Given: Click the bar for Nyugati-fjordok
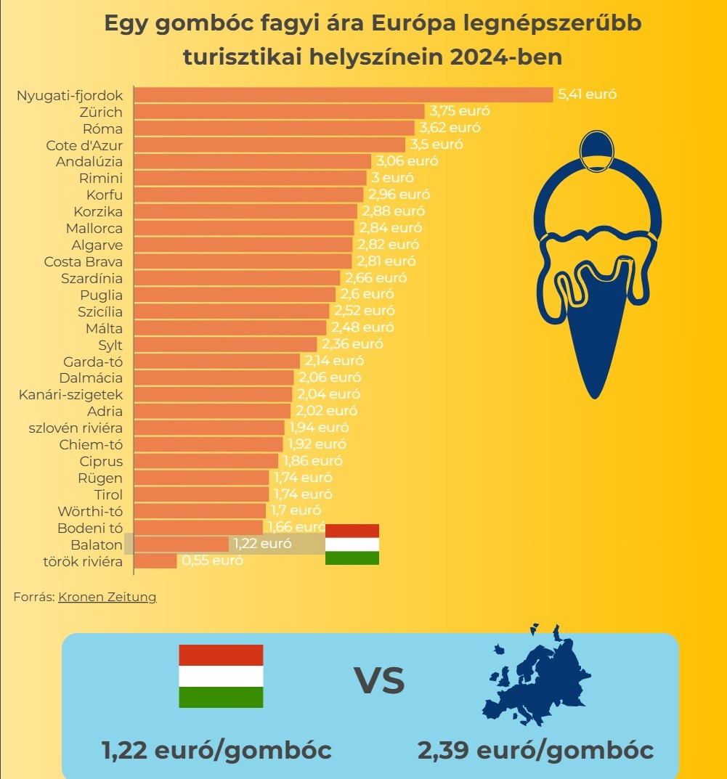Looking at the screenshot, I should click(344, 94).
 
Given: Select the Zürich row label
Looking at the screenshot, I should click(102, 112).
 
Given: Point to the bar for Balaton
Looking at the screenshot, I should click(182, 544).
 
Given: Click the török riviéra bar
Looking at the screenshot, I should click(156, 560).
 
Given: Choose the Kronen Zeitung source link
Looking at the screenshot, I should click(107, 597).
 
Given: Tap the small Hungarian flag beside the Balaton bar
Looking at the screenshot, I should click(352, 544).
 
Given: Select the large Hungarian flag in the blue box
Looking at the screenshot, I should click(221, 676).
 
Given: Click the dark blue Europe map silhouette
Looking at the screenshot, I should click(537, 675).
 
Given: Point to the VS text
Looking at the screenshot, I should click(379, 682).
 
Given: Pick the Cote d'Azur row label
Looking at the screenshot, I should click(84, 144).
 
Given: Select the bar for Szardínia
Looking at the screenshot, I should click(237, 278).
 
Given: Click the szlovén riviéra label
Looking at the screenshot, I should click(76, 428).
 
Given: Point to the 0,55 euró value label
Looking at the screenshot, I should click(212, 560).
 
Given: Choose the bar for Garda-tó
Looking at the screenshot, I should click(218, 361).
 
